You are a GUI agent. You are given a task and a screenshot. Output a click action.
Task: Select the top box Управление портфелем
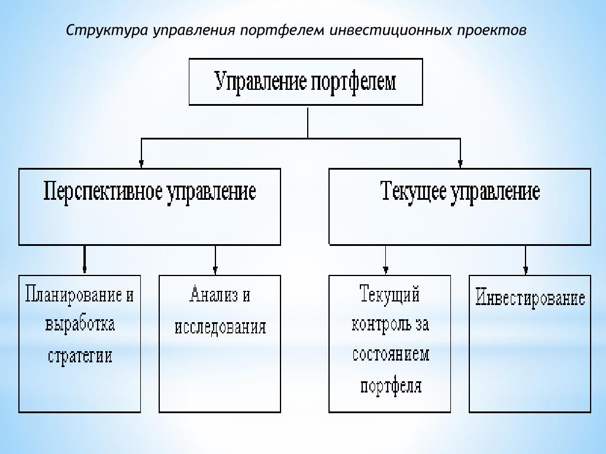click(x=305, y=82)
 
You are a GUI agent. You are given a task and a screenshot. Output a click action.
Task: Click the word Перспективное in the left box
click(x=104, y=192)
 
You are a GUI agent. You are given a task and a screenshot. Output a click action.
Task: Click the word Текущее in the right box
click(x=412, y=192)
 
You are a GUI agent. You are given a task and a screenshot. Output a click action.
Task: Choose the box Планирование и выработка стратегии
click(x=80, y=343)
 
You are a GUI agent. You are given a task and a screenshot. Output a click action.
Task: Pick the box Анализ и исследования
click(x=220, y=343)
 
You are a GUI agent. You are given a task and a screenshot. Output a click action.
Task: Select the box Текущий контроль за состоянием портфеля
click(x=390, y=343)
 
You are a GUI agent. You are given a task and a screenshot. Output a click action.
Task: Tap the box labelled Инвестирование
click(x=530, y=343)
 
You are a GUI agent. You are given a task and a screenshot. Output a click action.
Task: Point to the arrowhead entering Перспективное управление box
click(x=141, y=163)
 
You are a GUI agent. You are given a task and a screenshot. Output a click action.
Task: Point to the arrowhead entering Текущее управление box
click(x=460, y=163)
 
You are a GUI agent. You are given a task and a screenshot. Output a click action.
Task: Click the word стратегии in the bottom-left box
click(x=80, y=356)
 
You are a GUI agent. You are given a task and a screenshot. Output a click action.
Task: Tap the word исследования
click(x=220, y=327)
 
